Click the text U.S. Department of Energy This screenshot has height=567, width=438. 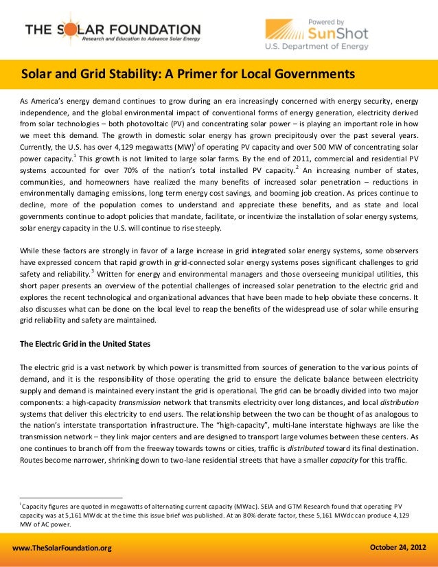tap(316, 47)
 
